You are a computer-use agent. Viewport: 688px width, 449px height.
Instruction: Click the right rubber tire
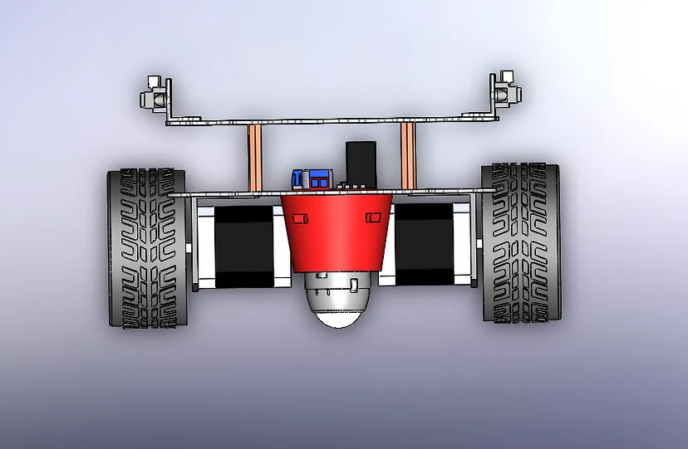(x=521, y=242)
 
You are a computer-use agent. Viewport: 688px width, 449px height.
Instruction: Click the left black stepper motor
(x=244, y=246)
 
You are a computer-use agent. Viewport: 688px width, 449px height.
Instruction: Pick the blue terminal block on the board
(x=312, y=178)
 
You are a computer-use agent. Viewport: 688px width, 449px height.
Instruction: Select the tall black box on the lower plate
(x=361, y=162)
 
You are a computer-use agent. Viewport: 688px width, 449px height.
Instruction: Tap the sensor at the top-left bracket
(x=152, y=94)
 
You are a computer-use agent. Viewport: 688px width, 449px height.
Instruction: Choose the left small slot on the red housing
(x=300, y=218)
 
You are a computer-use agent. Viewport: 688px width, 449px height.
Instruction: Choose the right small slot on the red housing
(x=373, y=217)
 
